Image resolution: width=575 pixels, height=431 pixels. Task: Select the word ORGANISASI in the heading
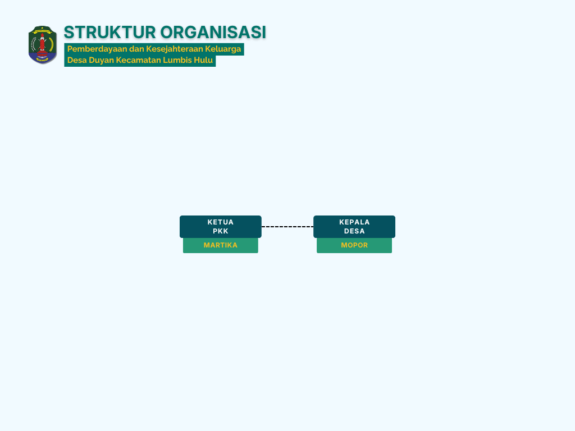(213, 32)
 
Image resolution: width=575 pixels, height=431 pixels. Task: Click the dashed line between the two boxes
(287, 227)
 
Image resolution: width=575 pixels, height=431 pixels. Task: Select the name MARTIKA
(220, 245)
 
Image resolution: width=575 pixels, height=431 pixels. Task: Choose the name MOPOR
(354, 245)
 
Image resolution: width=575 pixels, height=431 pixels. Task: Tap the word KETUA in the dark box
(220, 222)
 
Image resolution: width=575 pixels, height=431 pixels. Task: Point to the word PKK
(220, 231)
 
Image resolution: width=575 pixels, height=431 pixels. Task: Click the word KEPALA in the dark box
(354, 222)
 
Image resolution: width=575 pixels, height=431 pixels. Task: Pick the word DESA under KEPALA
(354, 231)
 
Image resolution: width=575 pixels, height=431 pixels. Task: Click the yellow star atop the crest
(43, 28)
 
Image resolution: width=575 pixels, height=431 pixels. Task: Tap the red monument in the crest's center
(42, 44)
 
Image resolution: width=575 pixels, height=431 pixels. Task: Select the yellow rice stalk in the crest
(51, 44)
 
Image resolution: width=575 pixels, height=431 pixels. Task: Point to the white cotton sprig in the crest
(34, 44)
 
